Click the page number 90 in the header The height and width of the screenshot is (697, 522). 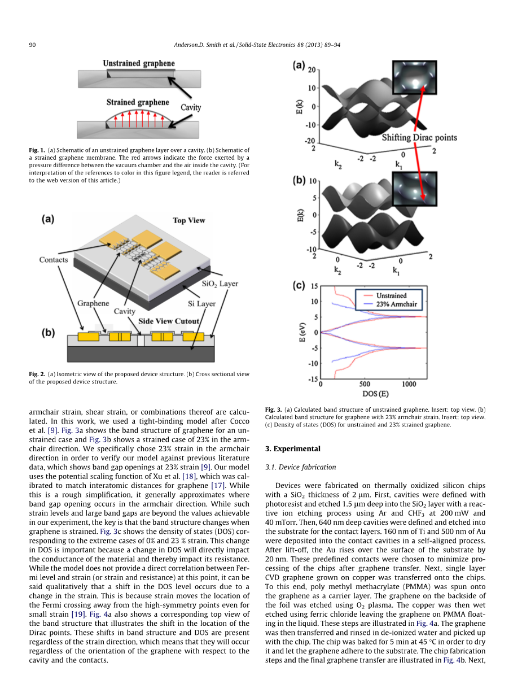coord(32,45)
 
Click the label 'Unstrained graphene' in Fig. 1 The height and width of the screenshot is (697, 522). coord(138,63)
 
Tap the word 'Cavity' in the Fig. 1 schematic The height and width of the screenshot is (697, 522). coord(191,107)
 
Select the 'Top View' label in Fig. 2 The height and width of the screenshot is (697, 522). coord(188,220)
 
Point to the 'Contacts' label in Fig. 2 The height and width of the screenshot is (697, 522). coord(54,260)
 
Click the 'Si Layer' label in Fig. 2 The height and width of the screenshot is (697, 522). coord(201,303)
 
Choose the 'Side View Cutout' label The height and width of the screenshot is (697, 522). coord(169,321)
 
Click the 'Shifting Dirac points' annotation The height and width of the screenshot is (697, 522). coord(419,137)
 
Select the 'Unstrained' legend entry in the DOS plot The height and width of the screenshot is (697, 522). coord(391,295)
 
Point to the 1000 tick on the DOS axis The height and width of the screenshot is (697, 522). coord(409,385)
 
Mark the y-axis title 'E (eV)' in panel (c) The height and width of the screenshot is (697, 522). coord(302,332)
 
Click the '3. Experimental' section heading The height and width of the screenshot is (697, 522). coord(292,449)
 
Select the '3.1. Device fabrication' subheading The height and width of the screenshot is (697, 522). coord(300,467)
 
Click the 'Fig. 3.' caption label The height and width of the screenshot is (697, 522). coord(273,410)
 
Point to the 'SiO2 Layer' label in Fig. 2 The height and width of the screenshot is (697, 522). coord(220,284)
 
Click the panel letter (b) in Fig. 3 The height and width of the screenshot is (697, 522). coord(299,181)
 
